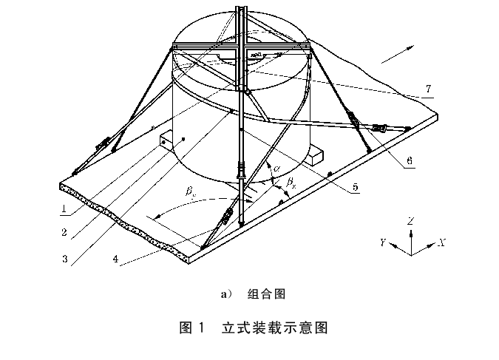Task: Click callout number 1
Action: click(65, 208)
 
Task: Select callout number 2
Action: click(64, 233)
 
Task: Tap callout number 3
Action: click(65, 259)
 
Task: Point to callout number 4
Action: click(115, 259)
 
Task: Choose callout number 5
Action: click(354, 188)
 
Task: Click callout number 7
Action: click(428, 89)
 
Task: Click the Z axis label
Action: click(410, 221)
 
